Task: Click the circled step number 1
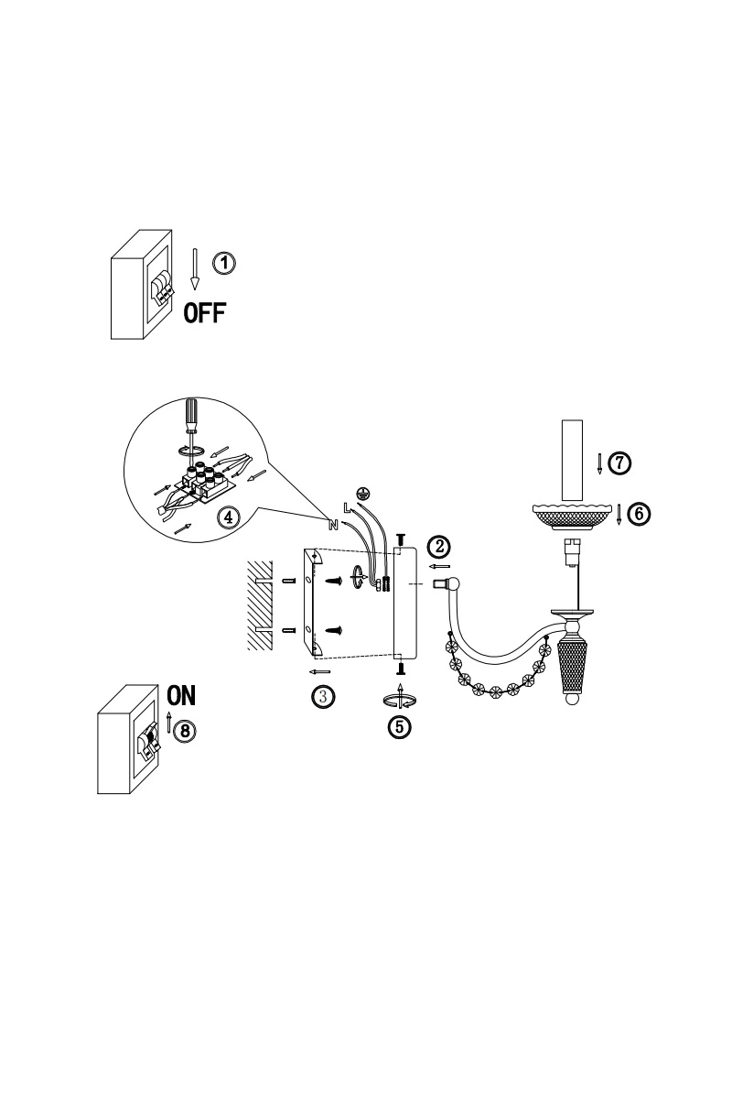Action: (x=223, y=264)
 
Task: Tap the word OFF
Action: (x=205, y=312)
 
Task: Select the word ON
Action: (x=181, y=696)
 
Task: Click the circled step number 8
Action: (x=184, y=731)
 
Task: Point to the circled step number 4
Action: (x=229, y=517)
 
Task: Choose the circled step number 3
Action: (x=323, y=696)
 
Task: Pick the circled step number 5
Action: (x=400, y=726)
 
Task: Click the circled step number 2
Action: (x=439, y=546)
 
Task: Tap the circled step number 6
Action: (x=639, y=514)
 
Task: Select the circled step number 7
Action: (x=619, y=462)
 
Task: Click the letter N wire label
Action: (x=333, y=525)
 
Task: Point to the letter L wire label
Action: (x=348, y=507)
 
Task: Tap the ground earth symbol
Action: (x=363, y=493)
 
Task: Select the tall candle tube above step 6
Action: (x=572, y=462)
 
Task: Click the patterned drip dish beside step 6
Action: (x=571, y=517)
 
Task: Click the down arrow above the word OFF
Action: (x=195, y=269)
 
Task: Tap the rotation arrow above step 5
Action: (x=400, y=697)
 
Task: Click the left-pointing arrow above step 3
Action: (x=320, y=671)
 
